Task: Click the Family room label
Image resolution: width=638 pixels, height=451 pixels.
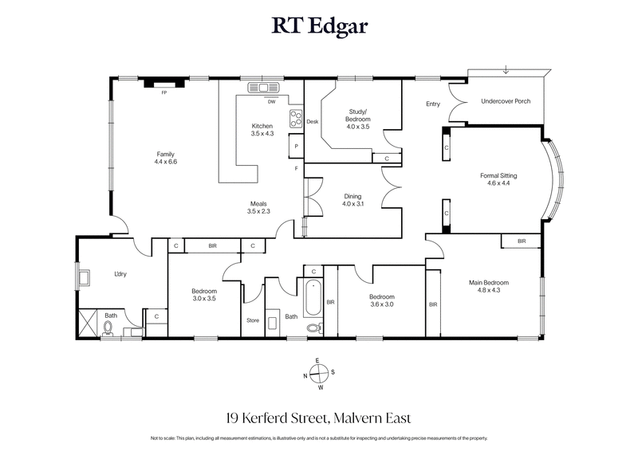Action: tap(165, 155)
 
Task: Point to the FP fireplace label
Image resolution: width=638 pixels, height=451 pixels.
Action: tap(163, 93)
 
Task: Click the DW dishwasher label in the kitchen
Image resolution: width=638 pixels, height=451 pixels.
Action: tap(271, 101)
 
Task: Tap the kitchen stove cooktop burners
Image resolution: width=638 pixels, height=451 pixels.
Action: tap(294, 119)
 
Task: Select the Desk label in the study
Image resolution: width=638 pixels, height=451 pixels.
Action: tap(312, 121)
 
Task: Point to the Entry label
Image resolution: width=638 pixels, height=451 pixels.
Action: tap(433, 104)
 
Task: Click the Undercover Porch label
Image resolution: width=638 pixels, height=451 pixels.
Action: tap(506, 102)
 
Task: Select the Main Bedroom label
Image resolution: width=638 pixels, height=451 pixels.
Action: tap(489, 282)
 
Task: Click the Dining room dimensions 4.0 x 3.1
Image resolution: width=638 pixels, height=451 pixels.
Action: tap(352, 204)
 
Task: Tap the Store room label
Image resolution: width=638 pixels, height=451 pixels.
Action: tap(254, 322)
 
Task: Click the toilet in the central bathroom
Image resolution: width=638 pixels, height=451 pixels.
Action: tap(313, 326)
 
